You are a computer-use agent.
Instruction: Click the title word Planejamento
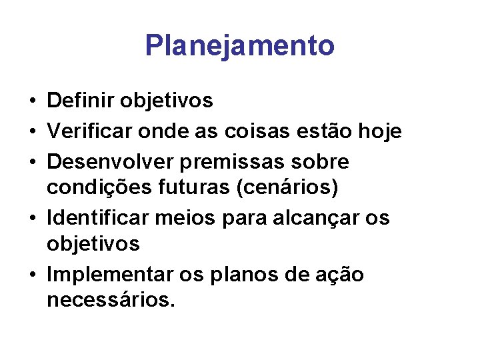(239, 46)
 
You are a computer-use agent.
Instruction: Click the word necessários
(111, 301)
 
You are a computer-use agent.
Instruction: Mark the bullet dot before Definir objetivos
(32, 102)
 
